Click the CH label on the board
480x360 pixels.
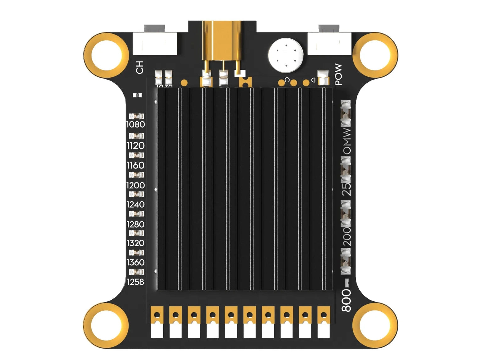(140, 68)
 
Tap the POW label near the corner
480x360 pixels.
(338, 75)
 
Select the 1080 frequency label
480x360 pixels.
(136, 125)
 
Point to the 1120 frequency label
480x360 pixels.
(136, 146)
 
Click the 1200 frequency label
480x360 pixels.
(136, 185)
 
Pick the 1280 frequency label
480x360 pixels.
(136, 224)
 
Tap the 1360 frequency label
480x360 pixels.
(136, 262)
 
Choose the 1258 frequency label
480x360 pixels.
(136, 282)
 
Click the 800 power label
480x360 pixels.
(346, 301)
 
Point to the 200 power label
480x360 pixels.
(346, 236)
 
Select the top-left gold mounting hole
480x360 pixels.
(107, 55)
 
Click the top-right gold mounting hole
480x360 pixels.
(375, 55)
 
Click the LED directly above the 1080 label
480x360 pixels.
(137, 116)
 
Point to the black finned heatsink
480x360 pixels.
(244, 189)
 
